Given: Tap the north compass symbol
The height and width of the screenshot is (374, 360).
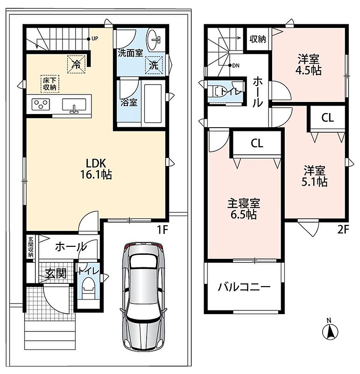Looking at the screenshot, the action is [x=330, y=330].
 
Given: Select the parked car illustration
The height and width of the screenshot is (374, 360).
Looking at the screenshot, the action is [x=143, y=296].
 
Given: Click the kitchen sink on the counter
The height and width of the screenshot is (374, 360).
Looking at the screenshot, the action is [x=74, y=105].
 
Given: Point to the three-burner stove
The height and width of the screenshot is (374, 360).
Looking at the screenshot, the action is [x=41, y=104].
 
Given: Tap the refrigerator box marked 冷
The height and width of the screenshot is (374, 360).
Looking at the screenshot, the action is [x=76, y=64].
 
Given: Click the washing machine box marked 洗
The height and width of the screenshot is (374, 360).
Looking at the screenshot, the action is [x=154, y=65].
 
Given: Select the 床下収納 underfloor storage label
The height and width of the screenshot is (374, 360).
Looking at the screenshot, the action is [x=50, y=84].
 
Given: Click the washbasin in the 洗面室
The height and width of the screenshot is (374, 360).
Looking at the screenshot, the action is [x=154, y=39].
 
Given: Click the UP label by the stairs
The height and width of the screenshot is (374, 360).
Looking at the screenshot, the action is [x=95, y=39].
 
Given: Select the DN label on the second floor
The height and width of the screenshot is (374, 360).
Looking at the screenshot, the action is [x=236, y=65].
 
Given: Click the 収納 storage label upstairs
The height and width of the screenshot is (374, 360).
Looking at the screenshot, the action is [x=258, y=39].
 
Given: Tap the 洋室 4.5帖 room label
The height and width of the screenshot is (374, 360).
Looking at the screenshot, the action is [x=308, y=65].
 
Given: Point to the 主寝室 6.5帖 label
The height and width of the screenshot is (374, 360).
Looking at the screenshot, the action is [x=243, y=209].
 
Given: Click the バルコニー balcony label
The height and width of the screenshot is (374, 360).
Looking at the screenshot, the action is [x=244, y=287].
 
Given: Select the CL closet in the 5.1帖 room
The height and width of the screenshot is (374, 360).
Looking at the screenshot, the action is [x=327, y=118].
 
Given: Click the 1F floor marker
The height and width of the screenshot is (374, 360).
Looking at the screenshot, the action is [x=162, y=230].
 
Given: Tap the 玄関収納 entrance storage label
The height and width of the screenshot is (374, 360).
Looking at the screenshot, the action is [x=31, y=247].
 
